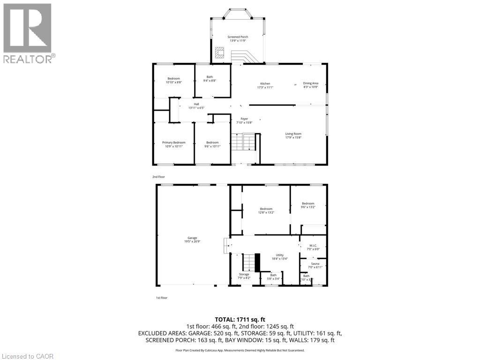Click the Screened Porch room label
(x=238, y=37)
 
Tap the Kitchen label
(x=265, y=83)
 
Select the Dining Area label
(x=310, y=83)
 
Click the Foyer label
(x=244, y=119)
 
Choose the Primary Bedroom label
(x=173, y=142)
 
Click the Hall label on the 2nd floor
(x=196, y=104)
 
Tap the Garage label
(x=193, y=238)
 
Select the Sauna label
(x=315, y=264)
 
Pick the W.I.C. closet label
(x=313, y=246)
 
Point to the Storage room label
(x=244, y=274)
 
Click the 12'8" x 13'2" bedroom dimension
(x=266, y=212)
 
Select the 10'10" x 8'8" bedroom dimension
(x=173, y=82)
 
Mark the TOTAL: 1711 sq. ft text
(x=240, y=319)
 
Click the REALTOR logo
(x=29, y=33)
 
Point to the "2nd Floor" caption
(x=158, y=177)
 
